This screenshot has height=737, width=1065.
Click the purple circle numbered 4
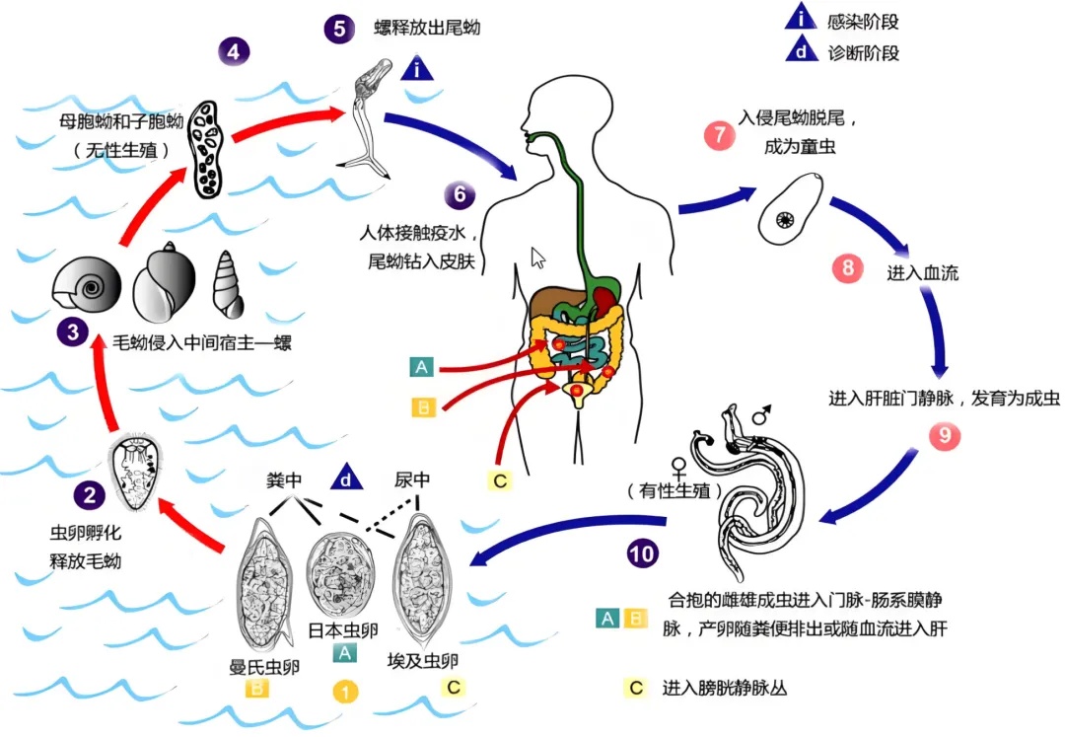pyautogui.click(x=233, y=50)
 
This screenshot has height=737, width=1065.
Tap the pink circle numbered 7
pyautogui.click(x=719, y=135)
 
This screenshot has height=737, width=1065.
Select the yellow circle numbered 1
pyautogui.click(x=345, y=692)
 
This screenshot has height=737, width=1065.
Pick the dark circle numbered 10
pyautogui.click(x=642, y=553)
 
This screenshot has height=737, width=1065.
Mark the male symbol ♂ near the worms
pyautogui.click(x=761, y=417)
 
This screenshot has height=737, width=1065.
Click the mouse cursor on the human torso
pyautogui.click(x=537, y=258)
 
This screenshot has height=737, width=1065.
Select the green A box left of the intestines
pyautogui.click(x=422, y=368)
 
